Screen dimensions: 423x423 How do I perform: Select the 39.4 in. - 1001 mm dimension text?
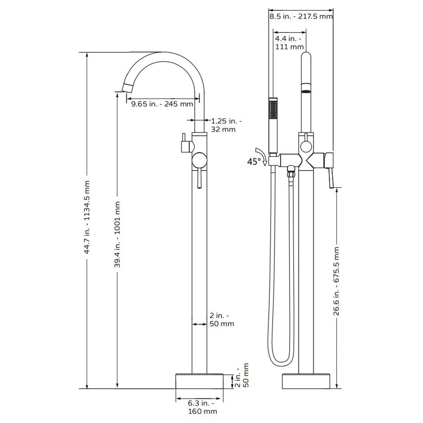click(x=117, y=234)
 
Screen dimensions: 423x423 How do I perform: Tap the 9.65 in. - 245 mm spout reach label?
click(x=162, y=104)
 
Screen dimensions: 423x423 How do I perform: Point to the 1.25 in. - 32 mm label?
click(x=225, y=125)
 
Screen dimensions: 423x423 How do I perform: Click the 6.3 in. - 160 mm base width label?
click(x=202, y=407)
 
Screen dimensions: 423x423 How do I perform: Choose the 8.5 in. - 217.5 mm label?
click(x=301, y=16)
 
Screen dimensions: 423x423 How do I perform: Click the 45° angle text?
click(x=254, y=162)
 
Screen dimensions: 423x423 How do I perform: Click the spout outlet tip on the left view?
click(x=127, y=88)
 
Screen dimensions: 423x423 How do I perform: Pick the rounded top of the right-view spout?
click(x=306, y=57)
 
